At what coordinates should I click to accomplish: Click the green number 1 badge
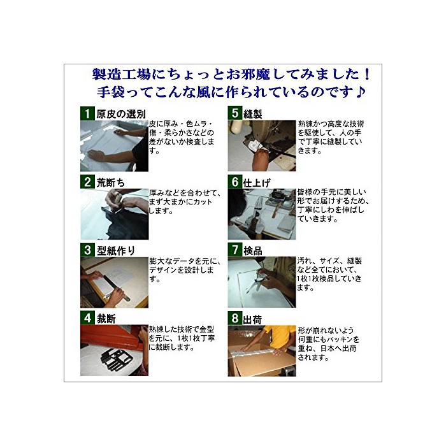pos(87,113)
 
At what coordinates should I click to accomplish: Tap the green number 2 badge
pos(87,182)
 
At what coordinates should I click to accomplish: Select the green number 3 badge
pos(87,250)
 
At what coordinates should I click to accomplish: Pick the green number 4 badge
pos(87,318)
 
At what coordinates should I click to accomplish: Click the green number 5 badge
pos(234,113)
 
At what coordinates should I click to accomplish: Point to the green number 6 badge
pos(234,182)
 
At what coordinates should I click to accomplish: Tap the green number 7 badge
pos(234,250)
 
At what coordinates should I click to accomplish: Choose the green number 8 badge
pos(234,319)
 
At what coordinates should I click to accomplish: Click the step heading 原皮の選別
pos(121,114)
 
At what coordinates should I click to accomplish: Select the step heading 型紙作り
pos(116,250)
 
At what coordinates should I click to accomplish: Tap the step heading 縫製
pos(252,114)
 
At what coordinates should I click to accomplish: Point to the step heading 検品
pos(252,251)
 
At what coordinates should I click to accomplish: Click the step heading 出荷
pos(252,319)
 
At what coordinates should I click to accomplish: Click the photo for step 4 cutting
pos(114,350)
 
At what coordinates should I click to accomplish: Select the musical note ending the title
pos(361,92)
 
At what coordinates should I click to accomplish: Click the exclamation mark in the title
pos(368,75)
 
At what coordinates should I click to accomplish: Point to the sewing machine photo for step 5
pos(262,146)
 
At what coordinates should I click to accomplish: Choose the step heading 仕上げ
pos(257,183)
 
